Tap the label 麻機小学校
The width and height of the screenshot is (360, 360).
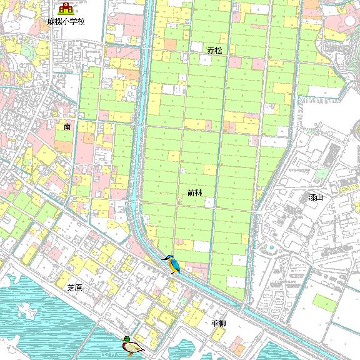point(65,21)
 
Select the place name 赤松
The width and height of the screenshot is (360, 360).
point(214,49)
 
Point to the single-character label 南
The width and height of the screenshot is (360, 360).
point(67,126)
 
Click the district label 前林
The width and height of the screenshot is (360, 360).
point(195,194)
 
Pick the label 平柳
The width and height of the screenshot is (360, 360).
point(218,324)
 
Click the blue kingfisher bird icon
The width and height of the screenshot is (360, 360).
point(172,264)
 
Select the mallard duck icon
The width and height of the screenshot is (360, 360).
point(132,346)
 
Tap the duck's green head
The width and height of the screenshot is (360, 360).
point(126,339)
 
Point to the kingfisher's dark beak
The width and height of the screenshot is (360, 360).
point(164,258)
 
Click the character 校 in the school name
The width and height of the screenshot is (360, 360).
point(81,21)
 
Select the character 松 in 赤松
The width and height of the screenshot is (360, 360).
point(218,49)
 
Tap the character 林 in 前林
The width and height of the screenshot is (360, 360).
point(199,194)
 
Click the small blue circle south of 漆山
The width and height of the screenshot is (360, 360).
point(272,247)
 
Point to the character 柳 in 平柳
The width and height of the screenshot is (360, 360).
point(222,324)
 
